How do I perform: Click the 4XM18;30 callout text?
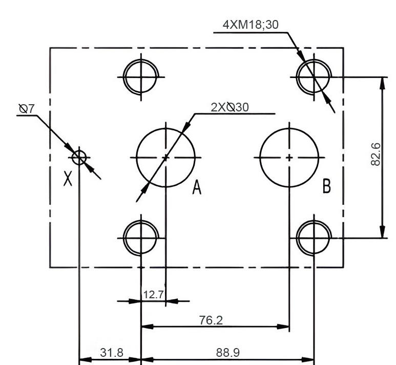pos(251,24)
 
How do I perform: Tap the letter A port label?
pos(196,188)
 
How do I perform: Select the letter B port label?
pos(326,186)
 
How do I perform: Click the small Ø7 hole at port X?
pos(79,157)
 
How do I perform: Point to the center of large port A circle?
pos(165,157)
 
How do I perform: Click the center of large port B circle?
pos(289,157)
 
